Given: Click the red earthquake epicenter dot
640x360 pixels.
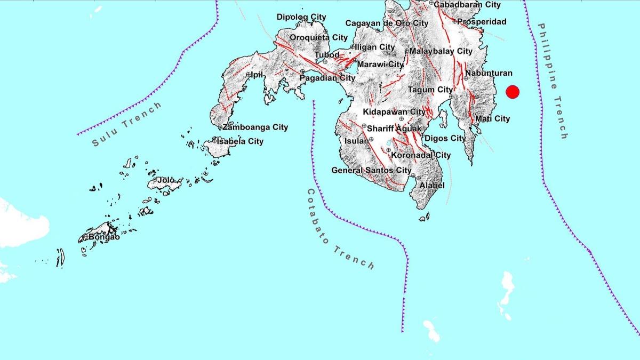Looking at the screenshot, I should pyautogui.click(x=513, y=92).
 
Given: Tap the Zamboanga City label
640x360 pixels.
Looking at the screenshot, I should pyautogui.click(x=255, y=127).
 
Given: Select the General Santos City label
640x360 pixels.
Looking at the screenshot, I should pyautogui.click(x=371, y=171).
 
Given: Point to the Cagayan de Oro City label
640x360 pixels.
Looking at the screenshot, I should pyautogui.click(x=387, y=23).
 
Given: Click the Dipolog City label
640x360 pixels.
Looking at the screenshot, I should pyautogui.click(x=301, y=17).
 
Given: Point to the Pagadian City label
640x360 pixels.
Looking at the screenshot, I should pyautogui.click(x=327, y=78).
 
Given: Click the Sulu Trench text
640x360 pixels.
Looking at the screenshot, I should pyautogui.click(x=126, y=124).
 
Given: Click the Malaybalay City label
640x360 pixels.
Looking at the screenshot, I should pyautogui.click(x=441, y=51).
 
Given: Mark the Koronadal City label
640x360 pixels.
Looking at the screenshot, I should pyautogui.click(x=421, y=155).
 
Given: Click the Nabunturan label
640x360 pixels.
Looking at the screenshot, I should pyautogui.click(x=489, y=73).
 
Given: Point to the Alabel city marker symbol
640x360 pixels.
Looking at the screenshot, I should pyautogui.click(x=420, y=178).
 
